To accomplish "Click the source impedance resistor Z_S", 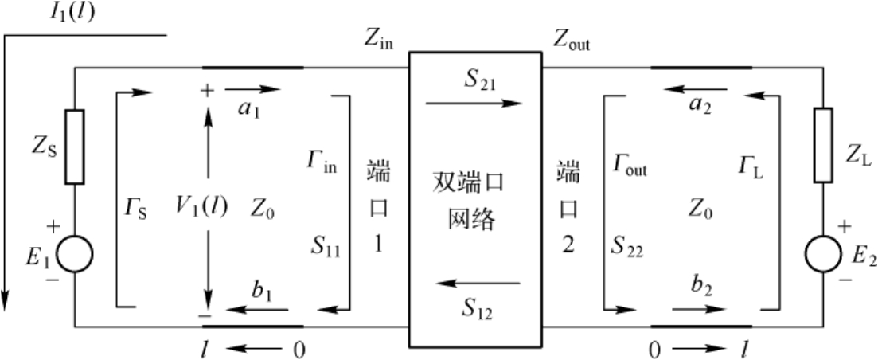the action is (75, 147).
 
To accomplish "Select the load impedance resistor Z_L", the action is (822, 145).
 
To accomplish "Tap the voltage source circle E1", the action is (75, 254).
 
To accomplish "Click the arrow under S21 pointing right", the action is (474, 104).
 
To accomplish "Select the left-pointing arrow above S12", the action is (478, 284).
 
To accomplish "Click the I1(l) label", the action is (72, 12).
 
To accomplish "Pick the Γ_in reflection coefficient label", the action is (322, 162).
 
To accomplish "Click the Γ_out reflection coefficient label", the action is (630, 165).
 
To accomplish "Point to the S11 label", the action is (326, 248).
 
